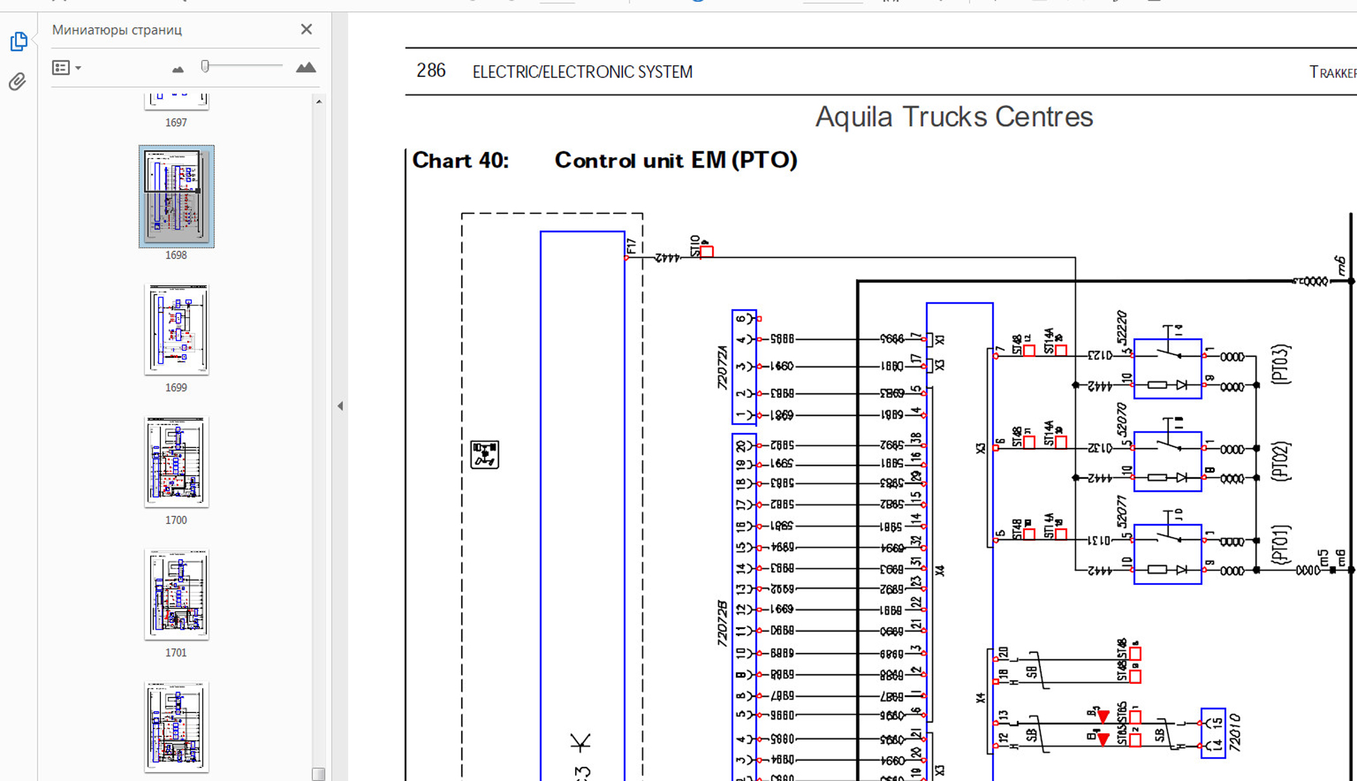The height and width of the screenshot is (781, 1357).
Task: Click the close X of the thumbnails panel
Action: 307,29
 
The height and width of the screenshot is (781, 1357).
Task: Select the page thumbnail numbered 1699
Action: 176,329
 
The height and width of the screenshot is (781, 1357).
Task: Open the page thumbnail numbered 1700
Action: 176,462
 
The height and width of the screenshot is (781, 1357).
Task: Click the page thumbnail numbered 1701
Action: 176,595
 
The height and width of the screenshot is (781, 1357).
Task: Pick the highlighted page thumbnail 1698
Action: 176,196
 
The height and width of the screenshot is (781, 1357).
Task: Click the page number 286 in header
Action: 431,71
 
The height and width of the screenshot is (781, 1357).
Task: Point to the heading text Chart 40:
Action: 461,160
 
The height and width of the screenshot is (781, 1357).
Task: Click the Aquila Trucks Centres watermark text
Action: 953,117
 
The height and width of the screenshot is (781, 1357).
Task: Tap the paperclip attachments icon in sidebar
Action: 17,82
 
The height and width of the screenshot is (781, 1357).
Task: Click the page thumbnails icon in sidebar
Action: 19,41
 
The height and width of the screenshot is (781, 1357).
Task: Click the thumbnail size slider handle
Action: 205,66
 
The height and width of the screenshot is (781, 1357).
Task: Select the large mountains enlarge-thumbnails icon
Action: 305,67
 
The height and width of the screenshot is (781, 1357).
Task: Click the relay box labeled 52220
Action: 1167,369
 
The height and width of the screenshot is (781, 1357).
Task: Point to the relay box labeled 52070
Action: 1167,461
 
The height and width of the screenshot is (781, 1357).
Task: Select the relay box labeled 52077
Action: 1167,555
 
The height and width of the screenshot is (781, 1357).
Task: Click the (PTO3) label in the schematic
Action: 1280,365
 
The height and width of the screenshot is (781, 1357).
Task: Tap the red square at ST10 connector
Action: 707,252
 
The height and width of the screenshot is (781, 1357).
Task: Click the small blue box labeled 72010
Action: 1213,733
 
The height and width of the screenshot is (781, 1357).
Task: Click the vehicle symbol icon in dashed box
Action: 484,454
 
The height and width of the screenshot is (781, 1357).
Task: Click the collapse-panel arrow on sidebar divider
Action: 340,406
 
